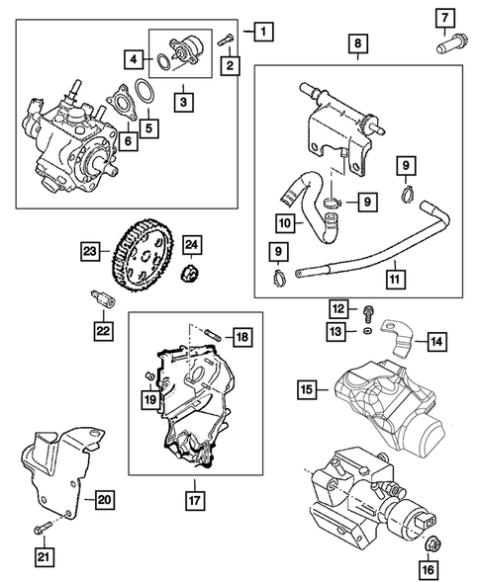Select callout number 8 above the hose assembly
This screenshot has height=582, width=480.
(x=357, y=44)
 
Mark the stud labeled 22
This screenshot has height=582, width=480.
(x=102, y=295)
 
